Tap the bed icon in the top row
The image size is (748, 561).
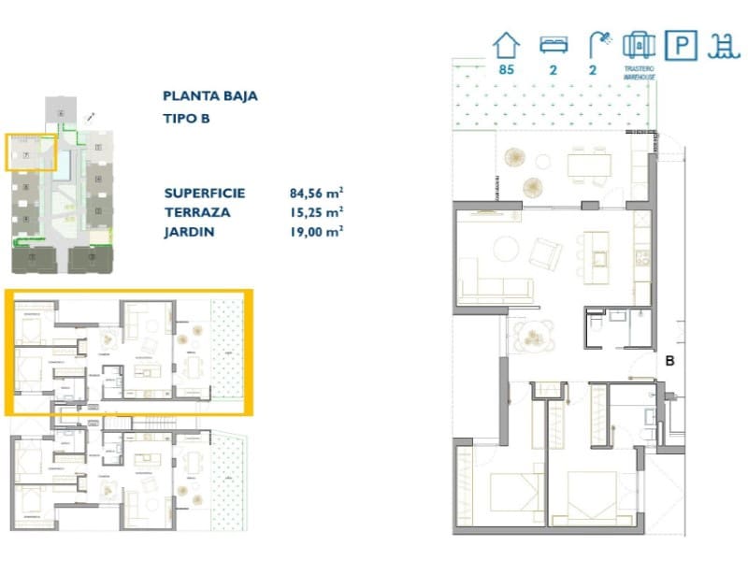(552, 45)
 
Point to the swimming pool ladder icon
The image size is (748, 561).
(720, 45)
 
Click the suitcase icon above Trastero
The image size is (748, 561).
(639, 45)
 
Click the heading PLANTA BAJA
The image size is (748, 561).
(209, 95)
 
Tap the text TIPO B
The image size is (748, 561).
(186, 118)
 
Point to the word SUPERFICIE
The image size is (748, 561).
(204, 194)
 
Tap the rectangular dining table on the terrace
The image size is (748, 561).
(589, 165)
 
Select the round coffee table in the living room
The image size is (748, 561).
(506, 249)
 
